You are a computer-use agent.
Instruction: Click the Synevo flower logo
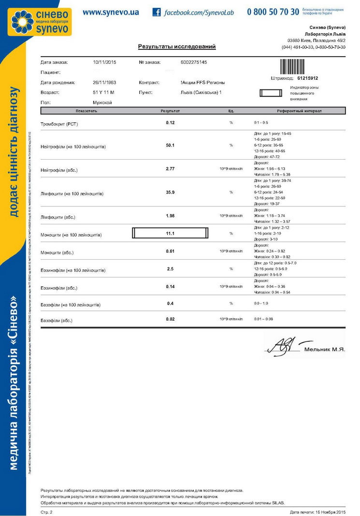click(x=23, y=22)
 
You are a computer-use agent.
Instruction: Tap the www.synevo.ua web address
click(x=110, y=12)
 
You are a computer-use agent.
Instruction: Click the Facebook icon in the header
click(x=157, y=12)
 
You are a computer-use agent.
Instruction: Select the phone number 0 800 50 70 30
click(x=273, y=12)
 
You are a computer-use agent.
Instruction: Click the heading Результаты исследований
click(x=177, y=47)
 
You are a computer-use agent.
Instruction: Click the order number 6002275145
click(x=193, y=62)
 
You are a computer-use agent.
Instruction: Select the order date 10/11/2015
click(x=104, y=62)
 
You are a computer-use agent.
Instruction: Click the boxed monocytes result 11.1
click(x=170, y=234)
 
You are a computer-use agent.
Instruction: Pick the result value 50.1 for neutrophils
click(x=170, y=145)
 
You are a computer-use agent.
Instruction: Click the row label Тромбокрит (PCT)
click(x=59, y=123)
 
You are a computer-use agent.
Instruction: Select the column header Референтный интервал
click(x=299, y=111)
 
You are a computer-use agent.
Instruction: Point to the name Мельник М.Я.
click(x=325, y=349)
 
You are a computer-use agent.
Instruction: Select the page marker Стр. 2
click(x=46, y=512)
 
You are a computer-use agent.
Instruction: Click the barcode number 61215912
click(x=307, y=78)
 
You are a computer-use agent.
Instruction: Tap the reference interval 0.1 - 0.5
click(x=261, y=123)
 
